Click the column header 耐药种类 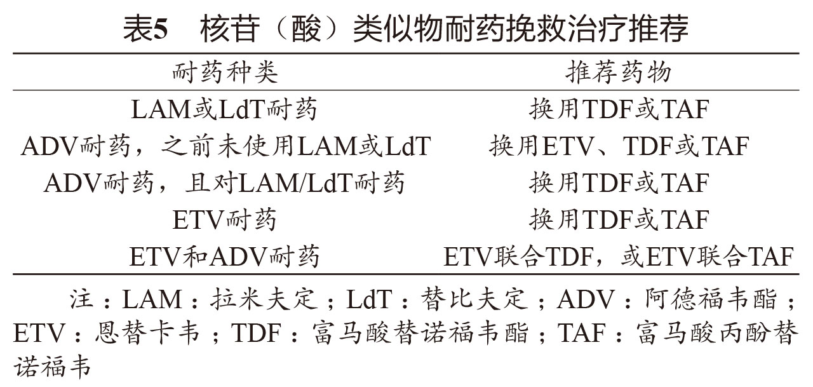[x=225, y=73]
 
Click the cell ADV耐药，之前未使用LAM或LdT [x=225, y=147]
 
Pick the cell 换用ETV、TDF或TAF [x=619, y=147]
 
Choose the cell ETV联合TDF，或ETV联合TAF [x=619, y=257]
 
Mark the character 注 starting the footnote [x=81, y=299]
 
